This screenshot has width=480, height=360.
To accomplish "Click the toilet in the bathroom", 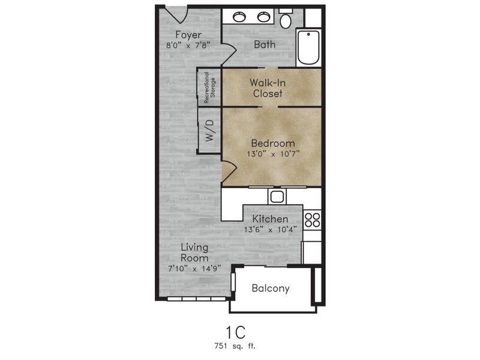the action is pos(286,19).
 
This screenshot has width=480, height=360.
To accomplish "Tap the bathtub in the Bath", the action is pos(308,47).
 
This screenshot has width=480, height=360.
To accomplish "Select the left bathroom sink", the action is pos(239,17).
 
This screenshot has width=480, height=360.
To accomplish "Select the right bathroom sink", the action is pos(263,17).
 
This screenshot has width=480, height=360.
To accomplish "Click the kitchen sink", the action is pos(277,196).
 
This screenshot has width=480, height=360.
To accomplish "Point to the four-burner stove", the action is pos(312,220).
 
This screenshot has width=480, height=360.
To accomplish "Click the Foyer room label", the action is pos(188,35).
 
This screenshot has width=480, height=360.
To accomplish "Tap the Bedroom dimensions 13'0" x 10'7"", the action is pos(273,154).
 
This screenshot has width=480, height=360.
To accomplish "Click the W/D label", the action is pos(209,130).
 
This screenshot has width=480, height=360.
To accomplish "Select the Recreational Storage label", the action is pos(209,88).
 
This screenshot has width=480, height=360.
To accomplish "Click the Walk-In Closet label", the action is pos(268,88).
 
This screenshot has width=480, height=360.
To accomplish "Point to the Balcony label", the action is pos(271,289).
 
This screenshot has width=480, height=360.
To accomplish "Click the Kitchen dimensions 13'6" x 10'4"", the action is pos(271,229).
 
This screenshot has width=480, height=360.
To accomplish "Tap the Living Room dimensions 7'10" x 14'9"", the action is pos(194,269).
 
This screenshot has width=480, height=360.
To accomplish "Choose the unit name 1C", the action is pos(235,332).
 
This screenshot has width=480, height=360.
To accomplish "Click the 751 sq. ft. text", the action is pos(235,346).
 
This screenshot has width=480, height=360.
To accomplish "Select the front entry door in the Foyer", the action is pos(176,14).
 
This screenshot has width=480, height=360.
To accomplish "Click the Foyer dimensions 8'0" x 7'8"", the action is pos(188,46).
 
